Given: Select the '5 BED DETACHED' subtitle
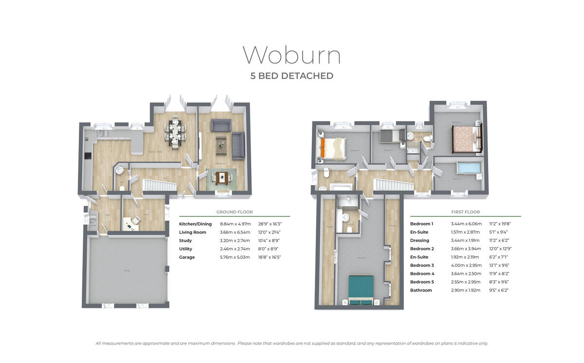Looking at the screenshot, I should click(x=292, y=76).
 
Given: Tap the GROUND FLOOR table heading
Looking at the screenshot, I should click(x=235, y=212).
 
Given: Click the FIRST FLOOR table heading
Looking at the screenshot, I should click(x=465, y=212).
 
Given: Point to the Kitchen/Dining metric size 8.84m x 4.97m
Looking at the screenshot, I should click(x=236, y=224).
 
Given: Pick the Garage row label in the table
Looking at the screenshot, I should click(x=187, y=257).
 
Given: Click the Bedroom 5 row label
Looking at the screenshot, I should click(x=422, y=282).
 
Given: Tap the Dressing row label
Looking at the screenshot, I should click(x=420, y=241).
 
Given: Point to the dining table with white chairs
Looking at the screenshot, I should click(x=175, y=133).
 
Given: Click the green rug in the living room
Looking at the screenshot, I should click(x=221, y=177).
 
